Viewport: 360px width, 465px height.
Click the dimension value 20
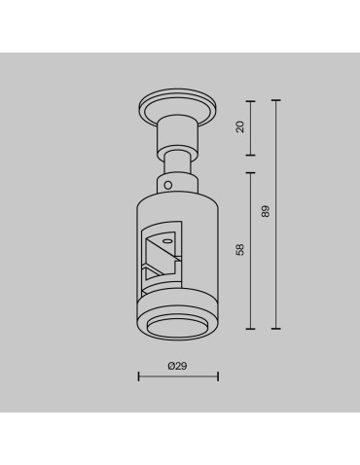pyautogui.click(x=240, y=126)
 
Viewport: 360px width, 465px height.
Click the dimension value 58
pyautogui.click(x=240, y=250)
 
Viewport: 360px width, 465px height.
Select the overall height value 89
pyautogui.click(x=265, y=210)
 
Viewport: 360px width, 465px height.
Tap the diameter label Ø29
pyautogui.click(x=177, y=366)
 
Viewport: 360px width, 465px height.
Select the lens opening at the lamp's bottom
pyautogui.click(x=177, y=326)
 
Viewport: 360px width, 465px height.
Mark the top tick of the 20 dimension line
pyautogui.click(x=252, y=99)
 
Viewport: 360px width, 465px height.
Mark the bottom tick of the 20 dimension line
pyautogui.click(x=252, y=154)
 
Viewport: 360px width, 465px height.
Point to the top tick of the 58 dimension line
pyautogui.click(x=252, y=172)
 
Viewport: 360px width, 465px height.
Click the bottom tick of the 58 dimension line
pyautogui.click(x=252, y=328)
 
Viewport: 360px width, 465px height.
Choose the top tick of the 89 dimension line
pyautogui.click(x=276, y=99)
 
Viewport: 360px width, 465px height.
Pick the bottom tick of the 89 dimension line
pyautogui.click(x=276, y=328)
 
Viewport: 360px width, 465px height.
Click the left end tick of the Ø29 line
pyautogui.click(x=139, y=376)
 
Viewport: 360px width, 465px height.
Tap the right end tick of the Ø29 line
pyautogui.click(x=218, y=376)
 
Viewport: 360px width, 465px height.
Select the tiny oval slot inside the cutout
pyautogui.click(x=166, y=239)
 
